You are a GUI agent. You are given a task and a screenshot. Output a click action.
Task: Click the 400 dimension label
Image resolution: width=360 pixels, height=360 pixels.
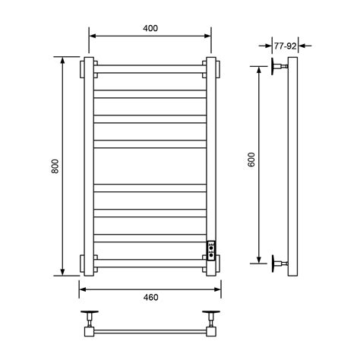pos(150,28)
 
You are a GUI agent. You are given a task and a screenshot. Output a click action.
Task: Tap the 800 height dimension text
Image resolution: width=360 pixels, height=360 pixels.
pos(55,166)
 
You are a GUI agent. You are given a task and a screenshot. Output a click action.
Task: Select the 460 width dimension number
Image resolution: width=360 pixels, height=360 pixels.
pos(150,297)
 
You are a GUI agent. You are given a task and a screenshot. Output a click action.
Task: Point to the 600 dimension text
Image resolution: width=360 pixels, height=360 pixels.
pos(251,159)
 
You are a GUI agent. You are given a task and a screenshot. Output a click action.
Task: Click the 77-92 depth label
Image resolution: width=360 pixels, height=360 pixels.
pos(286,46)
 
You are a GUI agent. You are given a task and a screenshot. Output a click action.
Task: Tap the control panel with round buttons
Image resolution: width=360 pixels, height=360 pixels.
pos(211,251)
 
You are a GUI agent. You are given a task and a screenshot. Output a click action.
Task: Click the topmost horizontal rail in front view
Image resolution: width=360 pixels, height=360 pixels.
pos(150,69)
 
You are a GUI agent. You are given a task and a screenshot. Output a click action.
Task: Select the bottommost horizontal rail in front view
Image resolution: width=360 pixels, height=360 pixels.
pos(150,264)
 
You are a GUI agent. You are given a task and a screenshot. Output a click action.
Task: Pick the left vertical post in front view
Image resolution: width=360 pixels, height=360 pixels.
pos(89,166)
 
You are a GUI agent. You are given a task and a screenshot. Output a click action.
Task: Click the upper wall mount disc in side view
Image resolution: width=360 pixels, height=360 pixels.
pos(273,66)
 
